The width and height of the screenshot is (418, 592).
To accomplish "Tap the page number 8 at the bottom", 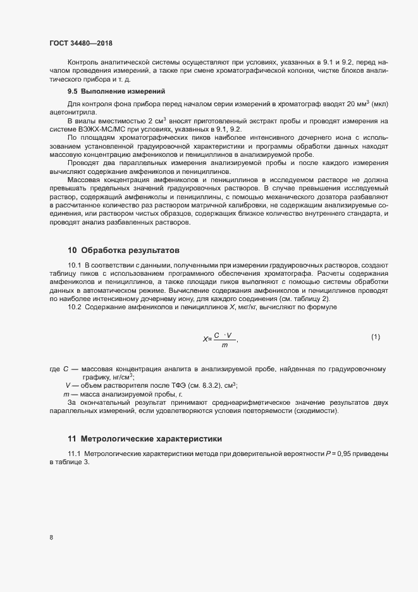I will click(51, 538).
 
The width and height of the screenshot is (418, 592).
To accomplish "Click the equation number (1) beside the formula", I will click(375, 336).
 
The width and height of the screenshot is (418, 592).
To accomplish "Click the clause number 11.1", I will click(75, 455).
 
